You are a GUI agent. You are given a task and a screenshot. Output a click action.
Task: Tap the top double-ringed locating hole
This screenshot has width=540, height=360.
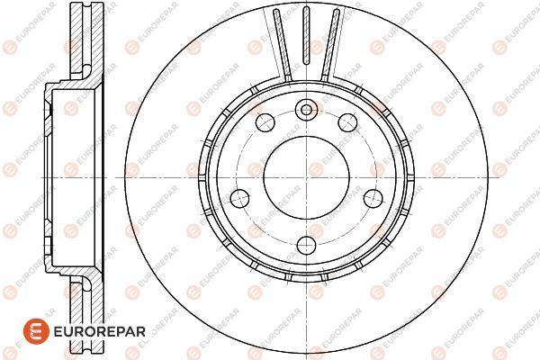click(306, 110)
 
